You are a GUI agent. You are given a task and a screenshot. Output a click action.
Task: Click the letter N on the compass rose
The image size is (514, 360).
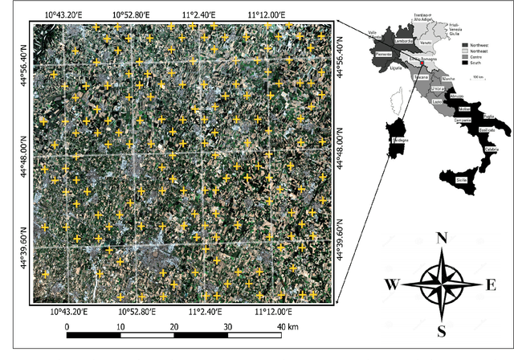[x=441, y=238]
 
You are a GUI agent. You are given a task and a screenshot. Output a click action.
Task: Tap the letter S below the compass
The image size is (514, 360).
[x=442, y=330]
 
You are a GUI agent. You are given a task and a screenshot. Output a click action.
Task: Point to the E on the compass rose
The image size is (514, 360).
[x=491, y=284]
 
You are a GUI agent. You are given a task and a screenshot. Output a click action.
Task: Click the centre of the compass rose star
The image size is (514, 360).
[x=441, y=284]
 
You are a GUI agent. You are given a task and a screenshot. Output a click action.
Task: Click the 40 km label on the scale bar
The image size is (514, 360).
[x=288, y=327]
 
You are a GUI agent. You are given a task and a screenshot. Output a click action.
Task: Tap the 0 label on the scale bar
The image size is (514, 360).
[x=67, y=327]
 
